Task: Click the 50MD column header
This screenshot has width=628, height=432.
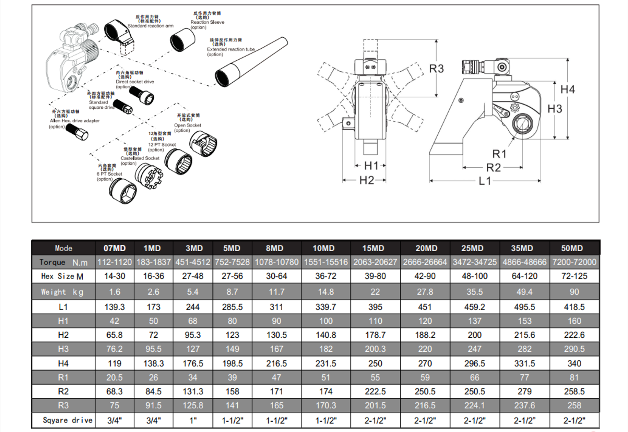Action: click(572, 248)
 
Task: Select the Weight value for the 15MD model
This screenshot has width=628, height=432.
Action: click(375, 292)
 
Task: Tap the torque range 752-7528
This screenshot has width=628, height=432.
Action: click(232, 262)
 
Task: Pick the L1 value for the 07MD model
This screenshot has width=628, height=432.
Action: click(115, 307)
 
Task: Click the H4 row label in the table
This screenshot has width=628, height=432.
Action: click(63, 363)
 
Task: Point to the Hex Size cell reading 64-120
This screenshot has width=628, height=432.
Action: click(524, 276)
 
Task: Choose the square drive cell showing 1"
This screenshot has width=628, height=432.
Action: click(193, 420)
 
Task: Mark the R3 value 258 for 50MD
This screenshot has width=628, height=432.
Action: click(574, 406)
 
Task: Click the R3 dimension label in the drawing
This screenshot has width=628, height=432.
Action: click(436, 69)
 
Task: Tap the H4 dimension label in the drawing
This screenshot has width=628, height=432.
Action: click(567, 89)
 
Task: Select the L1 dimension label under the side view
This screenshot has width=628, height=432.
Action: click(485, 181)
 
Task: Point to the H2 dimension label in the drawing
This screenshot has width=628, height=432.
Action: click(366, 180)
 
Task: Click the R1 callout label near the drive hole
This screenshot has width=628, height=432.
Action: click(499, 154)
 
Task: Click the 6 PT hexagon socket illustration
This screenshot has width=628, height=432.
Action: click(123, 191)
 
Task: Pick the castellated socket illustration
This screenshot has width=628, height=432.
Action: click(149, 176)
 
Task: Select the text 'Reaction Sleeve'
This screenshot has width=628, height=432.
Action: click(207, 22)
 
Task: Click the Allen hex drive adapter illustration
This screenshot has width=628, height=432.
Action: click(77, 132)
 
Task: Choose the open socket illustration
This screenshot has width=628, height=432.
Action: click(203, 144)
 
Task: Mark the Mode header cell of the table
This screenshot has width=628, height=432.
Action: click(63, 248)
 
